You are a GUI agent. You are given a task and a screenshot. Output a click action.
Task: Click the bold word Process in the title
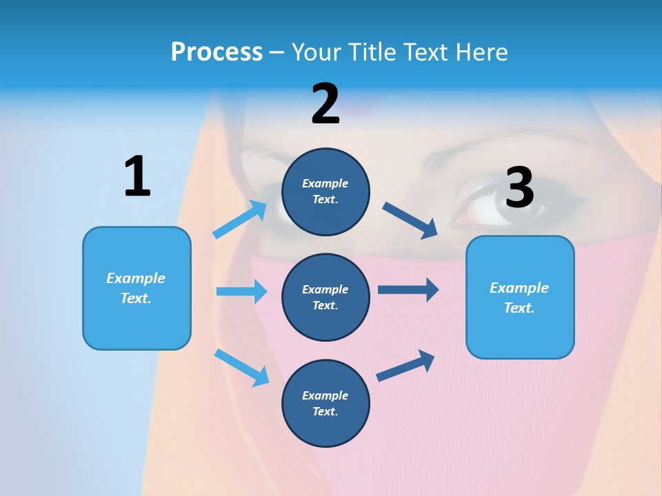click(217, 52)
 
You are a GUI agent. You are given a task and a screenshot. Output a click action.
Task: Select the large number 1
click(137, 176)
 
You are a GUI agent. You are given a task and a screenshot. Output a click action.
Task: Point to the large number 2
click(325, 104)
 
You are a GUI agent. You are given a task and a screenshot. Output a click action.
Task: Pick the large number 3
click(519, 187)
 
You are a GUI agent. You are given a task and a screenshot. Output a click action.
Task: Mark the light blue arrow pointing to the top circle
click(239, 220)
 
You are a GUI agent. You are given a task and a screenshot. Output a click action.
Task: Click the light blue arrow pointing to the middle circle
click(241, 291)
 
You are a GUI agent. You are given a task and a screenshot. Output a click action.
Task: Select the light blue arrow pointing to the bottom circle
click(241, 367)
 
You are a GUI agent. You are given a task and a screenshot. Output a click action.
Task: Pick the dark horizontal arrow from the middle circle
click(408, 290)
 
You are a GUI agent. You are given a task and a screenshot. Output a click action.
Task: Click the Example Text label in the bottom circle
click(325, 403)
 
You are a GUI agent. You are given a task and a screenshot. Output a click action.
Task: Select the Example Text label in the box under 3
click(519, 298)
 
